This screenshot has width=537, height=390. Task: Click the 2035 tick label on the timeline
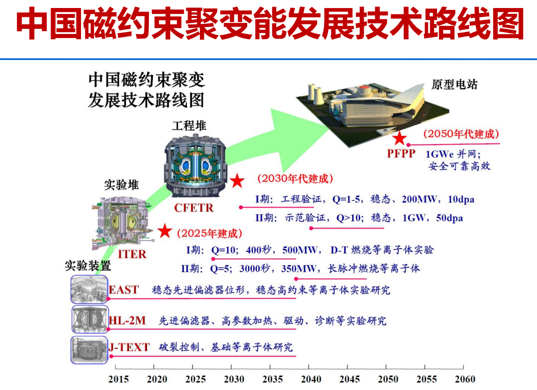(x=273, y=379)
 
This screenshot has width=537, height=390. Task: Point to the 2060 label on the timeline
(x=465, y=379)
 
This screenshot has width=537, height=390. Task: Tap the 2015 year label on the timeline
(x=118, y=379)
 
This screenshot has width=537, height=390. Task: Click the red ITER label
(x=132, y=254)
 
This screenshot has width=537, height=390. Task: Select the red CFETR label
(x=194, y=207)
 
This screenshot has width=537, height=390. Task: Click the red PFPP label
(x=401, y=153)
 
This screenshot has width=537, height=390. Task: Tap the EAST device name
(x=123, y=290)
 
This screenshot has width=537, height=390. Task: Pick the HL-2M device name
(x=127, y=320)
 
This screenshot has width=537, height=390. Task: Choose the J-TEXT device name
(x=129, y=347)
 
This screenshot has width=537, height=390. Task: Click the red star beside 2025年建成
(x=165, y=231)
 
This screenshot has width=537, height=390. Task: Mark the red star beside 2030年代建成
(x=237, y=180)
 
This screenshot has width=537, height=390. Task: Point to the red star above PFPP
(x=399, y=138)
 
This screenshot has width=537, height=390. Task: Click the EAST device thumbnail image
(x=89, y=289)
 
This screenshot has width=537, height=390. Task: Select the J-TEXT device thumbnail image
(x=89, y=350)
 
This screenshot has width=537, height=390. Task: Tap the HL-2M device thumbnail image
(x=90, y=319)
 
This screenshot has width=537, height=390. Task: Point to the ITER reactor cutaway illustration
(x=121, y=223)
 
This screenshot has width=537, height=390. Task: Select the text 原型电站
(x=455, y=84)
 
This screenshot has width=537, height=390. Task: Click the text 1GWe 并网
(x=453, y=154)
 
